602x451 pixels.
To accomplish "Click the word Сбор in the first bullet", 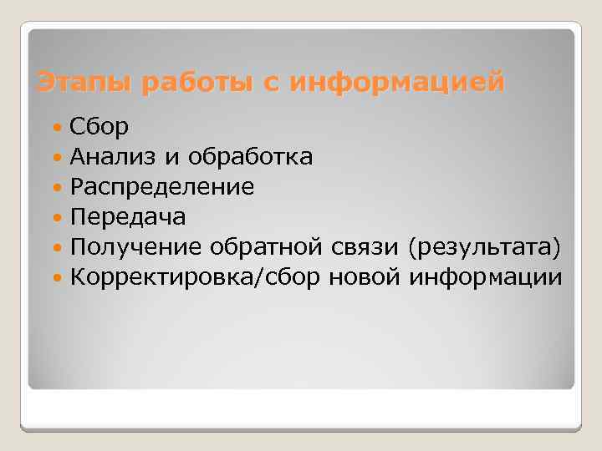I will point(99,127).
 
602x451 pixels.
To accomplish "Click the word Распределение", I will point(162,186).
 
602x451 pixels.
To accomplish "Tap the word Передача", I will point(128,216).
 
